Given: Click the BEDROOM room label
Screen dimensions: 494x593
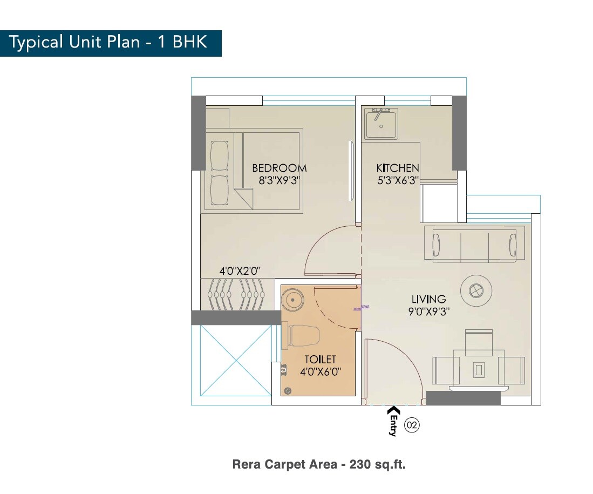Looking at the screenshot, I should (x=279, y=168).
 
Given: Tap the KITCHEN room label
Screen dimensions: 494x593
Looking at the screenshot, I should (x=397, y=168).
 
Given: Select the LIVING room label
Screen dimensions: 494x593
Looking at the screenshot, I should (x=428, y=299).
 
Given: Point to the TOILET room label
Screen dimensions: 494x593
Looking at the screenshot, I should (x=320, y=359).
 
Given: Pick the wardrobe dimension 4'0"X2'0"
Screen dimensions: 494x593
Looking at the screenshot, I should (x=240, y=270).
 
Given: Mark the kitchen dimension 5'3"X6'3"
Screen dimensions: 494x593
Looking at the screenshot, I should (x=398, y=181).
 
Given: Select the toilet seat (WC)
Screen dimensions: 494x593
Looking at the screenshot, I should (x=304, y=336).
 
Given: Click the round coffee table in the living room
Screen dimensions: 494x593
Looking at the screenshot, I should (x=475, y=291).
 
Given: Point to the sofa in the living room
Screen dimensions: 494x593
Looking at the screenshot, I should (x=474, y=245).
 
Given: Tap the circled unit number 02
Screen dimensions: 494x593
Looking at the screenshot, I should (x=412, y=425).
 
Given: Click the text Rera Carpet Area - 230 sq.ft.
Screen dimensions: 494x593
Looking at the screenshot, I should (x=318, y=464).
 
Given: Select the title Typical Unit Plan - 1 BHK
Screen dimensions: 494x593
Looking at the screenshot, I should (x=108, y=43).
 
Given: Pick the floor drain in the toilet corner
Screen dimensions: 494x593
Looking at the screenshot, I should (x=287, y=390).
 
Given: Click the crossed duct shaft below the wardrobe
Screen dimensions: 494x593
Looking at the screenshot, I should (x=235, y=361).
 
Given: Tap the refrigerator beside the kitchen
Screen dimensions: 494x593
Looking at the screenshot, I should (x=439, y=203).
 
